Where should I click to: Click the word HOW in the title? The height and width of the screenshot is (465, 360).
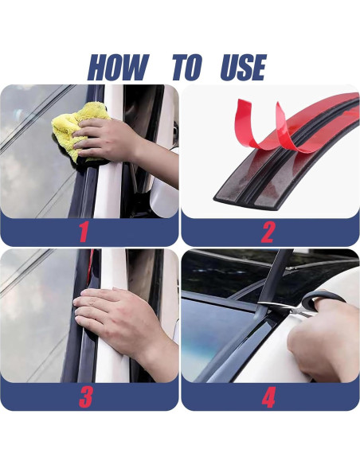(118, 68)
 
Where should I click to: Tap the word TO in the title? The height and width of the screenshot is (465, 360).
(187, 68)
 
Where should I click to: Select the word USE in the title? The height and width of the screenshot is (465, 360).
(244, 68)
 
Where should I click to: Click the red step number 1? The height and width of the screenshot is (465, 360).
(84, 232)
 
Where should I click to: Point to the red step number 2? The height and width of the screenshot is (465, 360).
(268, 232)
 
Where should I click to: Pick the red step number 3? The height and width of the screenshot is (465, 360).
(86, 397)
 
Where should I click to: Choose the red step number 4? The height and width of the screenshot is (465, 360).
(268, 397)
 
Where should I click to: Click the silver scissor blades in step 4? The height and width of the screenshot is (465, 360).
(284, 307)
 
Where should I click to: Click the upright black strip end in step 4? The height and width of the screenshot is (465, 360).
(276, 275)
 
